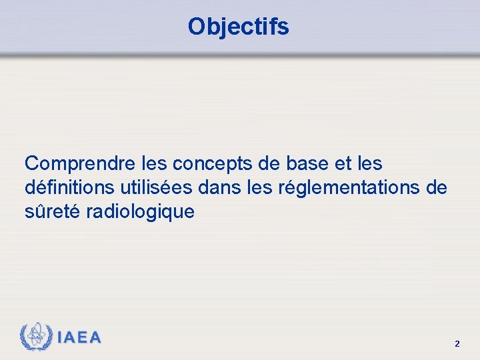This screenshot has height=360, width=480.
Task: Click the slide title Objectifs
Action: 239,27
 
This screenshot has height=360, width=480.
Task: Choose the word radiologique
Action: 140,212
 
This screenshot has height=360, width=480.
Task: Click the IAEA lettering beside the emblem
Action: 79,338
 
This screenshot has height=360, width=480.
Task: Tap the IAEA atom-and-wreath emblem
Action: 35,337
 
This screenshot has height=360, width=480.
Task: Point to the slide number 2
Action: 457,344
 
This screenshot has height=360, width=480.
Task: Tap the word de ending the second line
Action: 436,188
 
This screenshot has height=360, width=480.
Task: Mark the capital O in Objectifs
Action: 197,27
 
